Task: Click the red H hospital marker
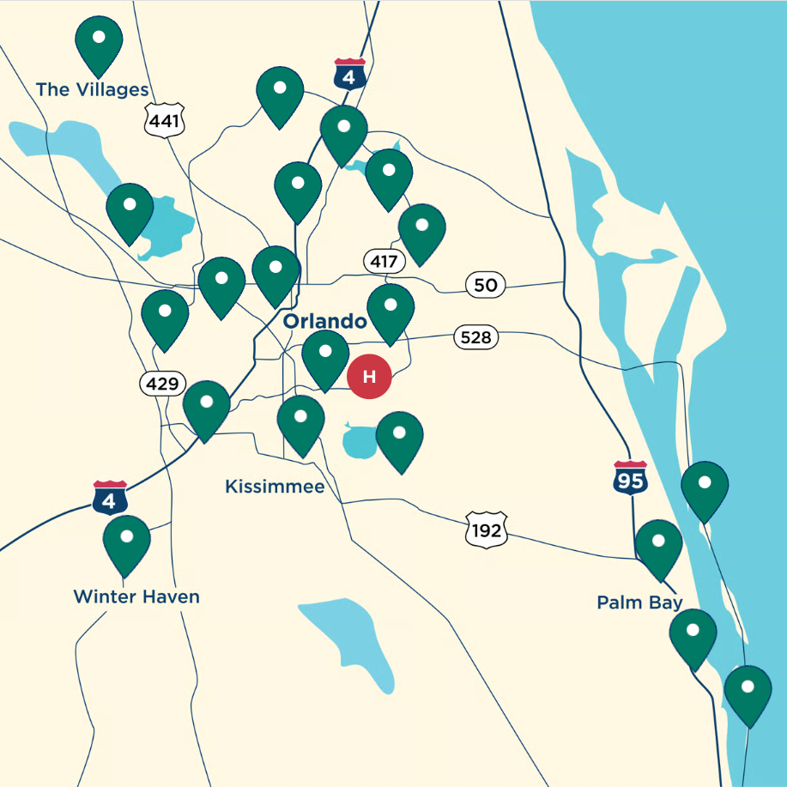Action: click(369, 376)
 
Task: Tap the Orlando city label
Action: click(325, 322)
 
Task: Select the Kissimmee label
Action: click(275, 487)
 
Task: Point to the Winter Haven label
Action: click(136, 596)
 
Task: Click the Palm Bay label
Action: click(639, 602)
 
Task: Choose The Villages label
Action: click(92, 90)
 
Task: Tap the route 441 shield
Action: click(164, 121)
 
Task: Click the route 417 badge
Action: click(384, 261)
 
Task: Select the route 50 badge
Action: click(486, 285)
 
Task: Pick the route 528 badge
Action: click(475, 337)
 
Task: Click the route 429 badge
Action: click(162, 384)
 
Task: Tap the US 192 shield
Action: click(486, 530)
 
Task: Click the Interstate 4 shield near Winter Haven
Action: click(111, 498)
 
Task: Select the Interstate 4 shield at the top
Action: click(349, 76)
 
